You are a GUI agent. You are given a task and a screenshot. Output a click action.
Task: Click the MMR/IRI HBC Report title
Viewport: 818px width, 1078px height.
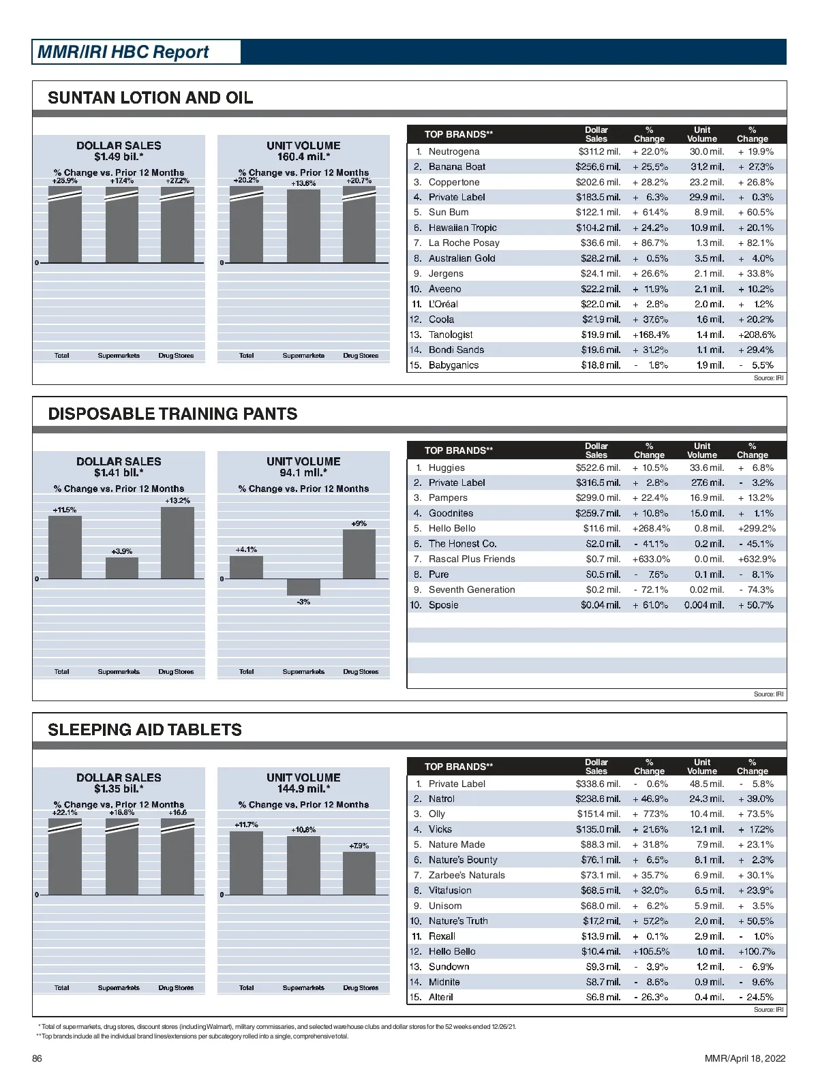coord(123,52)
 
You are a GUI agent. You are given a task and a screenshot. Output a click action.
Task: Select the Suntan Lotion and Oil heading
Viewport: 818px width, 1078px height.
coord(150,97)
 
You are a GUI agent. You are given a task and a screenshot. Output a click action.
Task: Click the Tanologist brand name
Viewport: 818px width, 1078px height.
coord(451,335)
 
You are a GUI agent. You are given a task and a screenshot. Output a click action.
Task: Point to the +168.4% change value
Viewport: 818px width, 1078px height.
coord(651,335)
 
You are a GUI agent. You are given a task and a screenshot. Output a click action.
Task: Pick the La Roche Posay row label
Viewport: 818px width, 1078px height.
coord(464,243)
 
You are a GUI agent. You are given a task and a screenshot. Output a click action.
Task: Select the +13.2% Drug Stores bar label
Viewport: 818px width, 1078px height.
coord(177,501)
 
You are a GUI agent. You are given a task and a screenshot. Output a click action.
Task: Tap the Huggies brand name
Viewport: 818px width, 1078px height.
coord(446,468)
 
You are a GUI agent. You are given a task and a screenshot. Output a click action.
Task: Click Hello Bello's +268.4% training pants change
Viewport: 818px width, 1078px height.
coord(651,529)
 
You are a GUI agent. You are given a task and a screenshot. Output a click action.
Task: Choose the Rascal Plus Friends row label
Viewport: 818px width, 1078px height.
coord(472,559)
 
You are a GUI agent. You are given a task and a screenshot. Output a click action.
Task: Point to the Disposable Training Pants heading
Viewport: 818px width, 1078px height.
coord(172,414)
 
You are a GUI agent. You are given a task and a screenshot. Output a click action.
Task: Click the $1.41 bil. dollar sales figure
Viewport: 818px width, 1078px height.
coord(119,473)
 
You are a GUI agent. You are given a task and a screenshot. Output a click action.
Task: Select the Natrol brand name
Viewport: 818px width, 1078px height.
coord(441,799)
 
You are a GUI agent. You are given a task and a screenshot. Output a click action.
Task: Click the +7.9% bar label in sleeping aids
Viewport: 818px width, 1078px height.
coord(359,846)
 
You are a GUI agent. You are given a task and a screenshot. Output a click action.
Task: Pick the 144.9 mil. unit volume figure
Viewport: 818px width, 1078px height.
coord(303,789)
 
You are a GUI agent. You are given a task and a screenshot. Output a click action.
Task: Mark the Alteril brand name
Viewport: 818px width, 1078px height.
coord(440,997)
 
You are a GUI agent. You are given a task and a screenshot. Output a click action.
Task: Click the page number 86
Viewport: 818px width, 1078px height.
coord(37,1058)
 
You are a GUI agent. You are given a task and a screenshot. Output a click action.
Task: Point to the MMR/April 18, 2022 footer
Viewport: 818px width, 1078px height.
coord(745,1058)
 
